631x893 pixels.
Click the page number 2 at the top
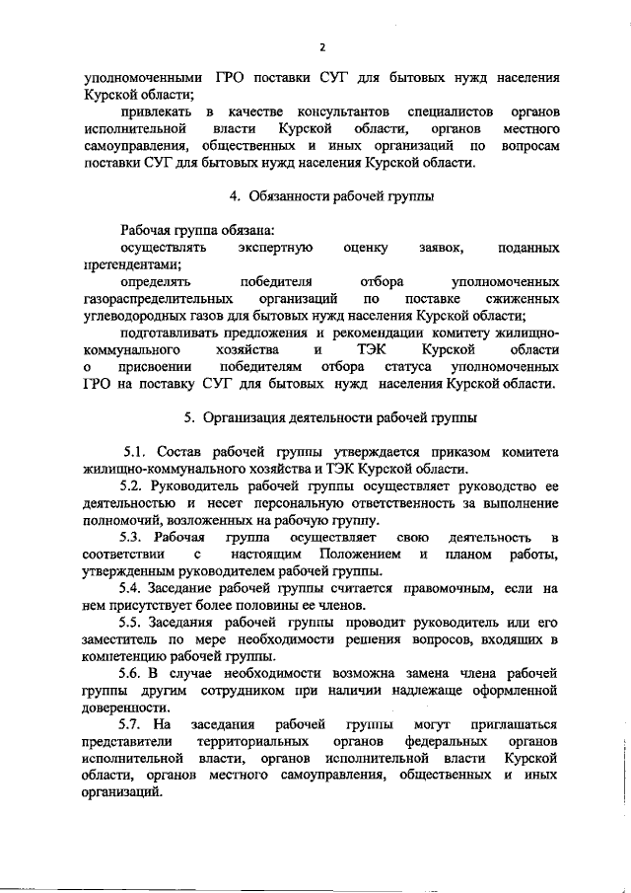tap(321, 46)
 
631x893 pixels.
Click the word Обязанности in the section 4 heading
tap(290, 196)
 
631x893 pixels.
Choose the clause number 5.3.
tap(135, 537)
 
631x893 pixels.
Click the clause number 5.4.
tap(135, 588)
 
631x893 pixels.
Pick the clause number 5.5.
tap(135, 623)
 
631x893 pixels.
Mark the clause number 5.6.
tap(135, 674)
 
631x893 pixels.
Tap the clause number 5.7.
tap(135, 725)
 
